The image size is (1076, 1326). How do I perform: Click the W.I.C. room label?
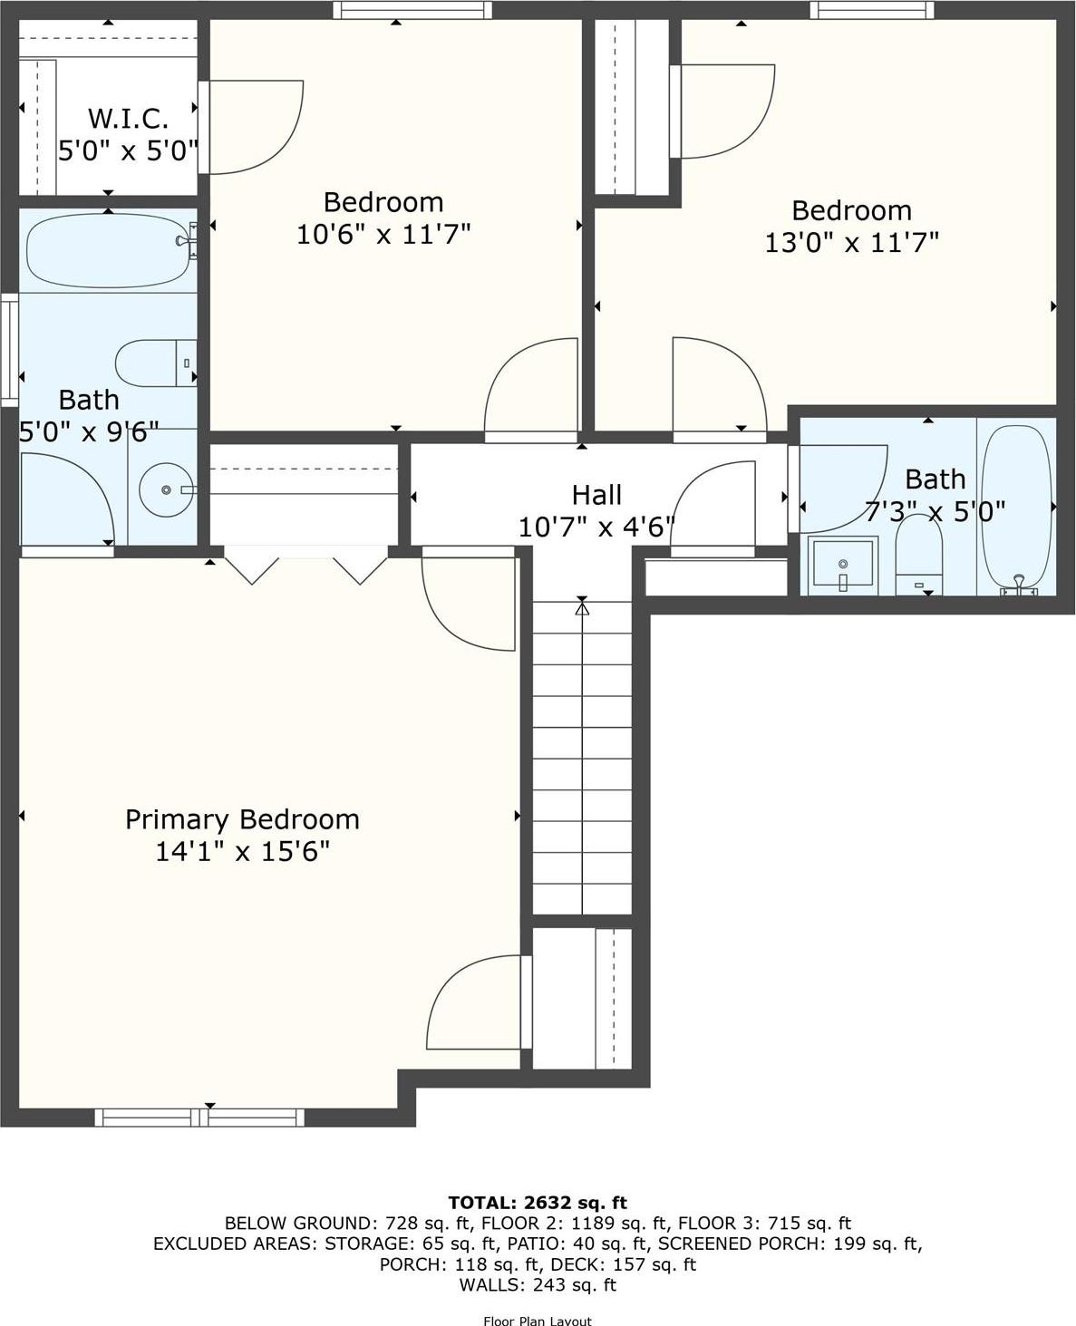click(x=128, y=118)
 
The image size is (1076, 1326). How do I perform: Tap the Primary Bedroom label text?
click(x=242, y=819)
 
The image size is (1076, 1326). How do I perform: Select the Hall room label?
click(x=596, y=495)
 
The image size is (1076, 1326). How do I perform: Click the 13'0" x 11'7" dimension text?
click(x=851, y=243)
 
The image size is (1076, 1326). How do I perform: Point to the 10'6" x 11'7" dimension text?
click(x=383, y=235)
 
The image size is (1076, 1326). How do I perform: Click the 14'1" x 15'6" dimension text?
click(x=242, y=852)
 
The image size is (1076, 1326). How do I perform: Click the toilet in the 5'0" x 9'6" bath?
click(x=155, y=363)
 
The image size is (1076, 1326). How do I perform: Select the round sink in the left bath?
click(x=165, y=489)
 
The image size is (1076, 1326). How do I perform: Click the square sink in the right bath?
click(x=842, y=565)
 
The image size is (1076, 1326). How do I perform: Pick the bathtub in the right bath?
click(x=1016, y=508)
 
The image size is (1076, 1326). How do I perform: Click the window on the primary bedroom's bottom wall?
click(x=199, y=1118)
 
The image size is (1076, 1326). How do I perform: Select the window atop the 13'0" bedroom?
click(x=870, y=10)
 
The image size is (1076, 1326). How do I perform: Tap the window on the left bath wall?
click(x=9, y=349)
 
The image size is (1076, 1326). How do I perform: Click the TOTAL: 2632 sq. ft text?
click(x=538, y=1203)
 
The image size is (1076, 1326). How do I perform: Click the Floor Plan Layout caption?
click(x=538, y=1321)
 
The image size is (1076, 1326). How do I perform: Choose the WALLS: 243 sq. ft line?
click(x=538, y=1284)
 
